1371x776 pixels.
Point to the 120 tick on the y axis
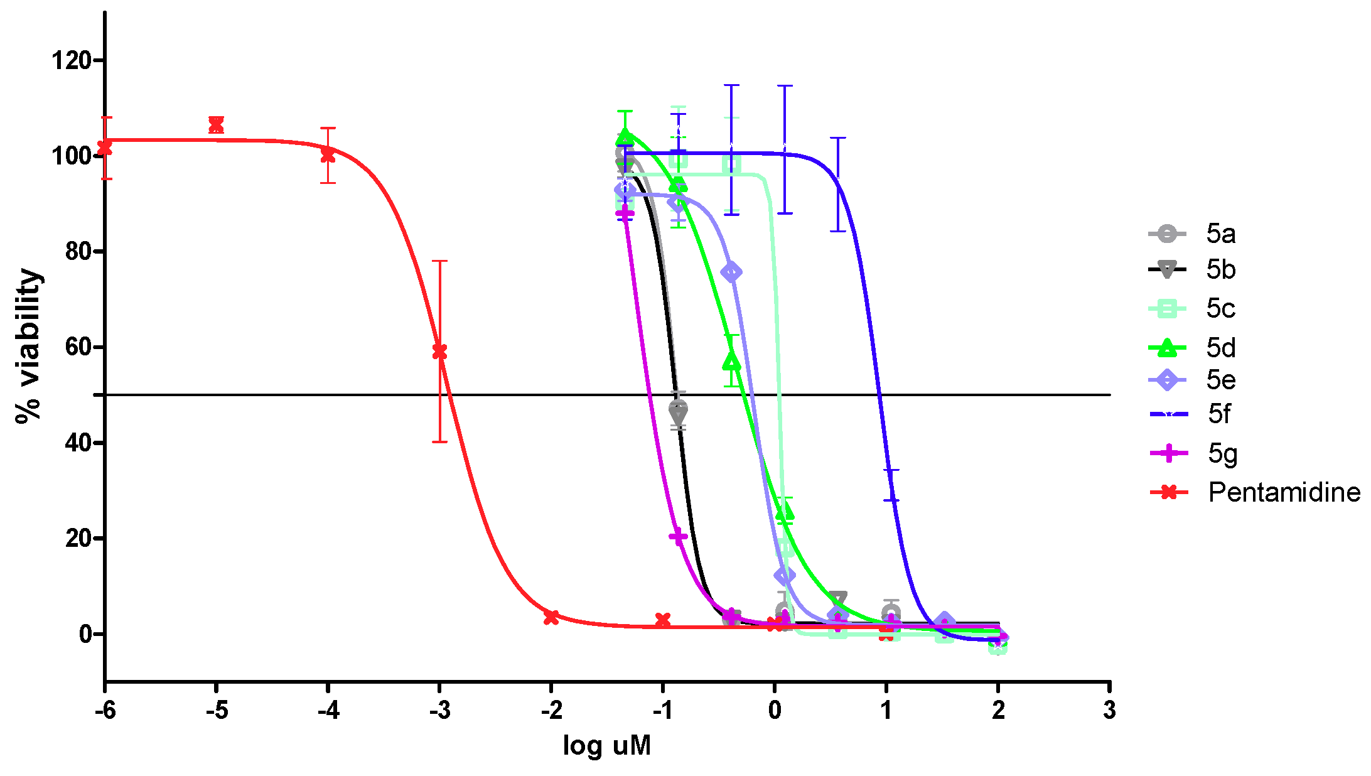(x=70, y=61)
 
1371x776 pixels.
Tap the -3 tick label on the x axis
(x=439, y=710)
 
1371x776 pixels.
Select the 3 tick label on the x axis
(x=1109, y=710)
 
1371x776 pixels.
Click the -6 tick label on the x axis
(x=105, y=710)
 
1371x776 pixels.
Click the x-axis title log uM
(x=606, y=745)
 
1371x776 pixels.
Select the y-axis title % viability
(x=28, y=346)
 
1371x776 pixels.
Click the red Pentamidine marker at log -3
(x=439, y=352)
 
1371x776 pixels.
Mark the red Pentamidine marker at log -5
(x=216, y=125)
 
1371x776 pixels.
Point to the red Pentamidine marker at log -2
(x=551, y=617)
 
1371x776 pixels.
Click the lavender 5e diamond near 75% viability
(x=731, y=272)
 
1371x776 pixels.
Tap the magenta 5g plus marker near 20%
(x=678, y=536)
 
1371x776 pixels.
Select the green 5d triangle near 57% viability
(x=731, y=361)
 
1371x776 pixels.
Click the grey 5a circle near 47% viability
(x=678, y=407)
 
